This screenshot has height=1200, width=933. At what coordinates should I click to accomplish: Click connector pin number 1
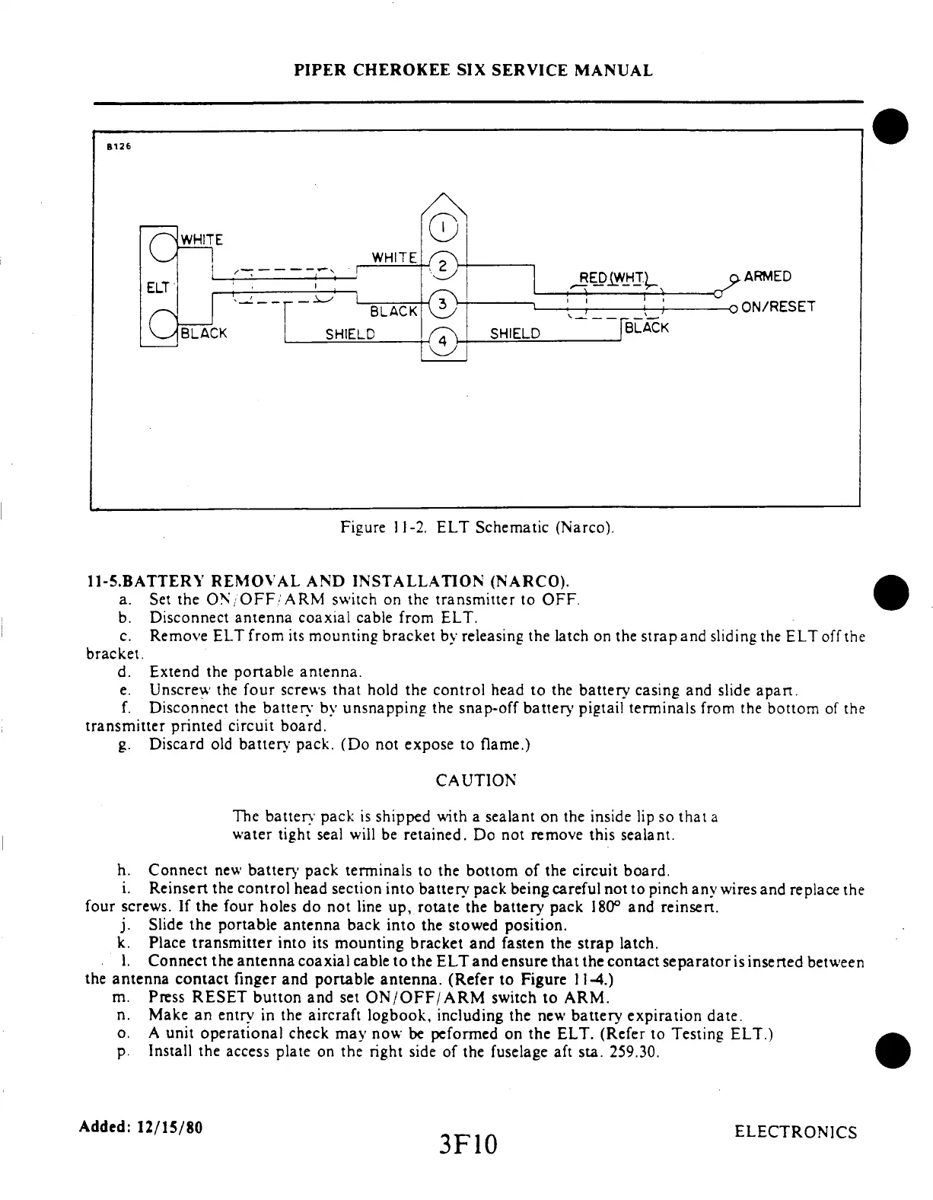click(x=443, y=227)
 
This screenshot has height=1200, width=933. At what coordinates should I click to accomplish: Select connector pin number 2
click(x=443, y=266)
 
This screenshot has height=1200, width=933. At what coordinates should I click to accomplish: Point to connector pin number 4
click(x=443, y=342)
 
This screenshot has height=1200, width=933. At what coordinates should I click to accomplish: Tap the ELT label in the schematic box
click(x=157, y=288)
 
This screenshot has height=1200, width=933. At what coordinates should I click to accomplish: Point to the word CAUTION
click(x=476, y=780)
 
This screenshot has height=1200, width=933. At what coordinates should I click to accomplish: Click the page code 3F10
click(x=466, y=1143)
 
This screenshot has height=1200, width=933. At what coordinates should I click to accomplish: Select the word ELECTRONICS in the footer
click(x=795, y=1132)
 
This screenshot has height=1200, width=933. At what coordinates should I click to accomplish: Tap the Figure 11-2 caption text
click(x=477, y=527)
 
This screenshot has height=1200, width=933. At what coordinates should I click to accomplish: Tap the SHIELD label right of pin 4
click(x=514, y=334)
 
